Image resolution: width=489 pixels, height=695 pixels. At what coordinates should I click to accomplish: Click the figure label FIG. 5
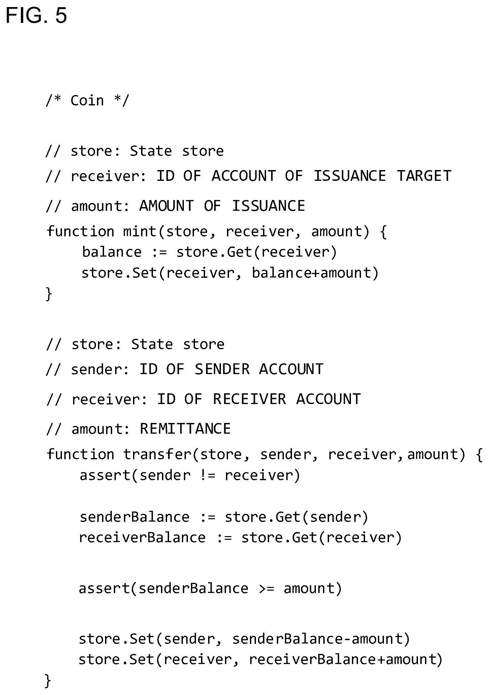pyautogui.click(x=36, y=15)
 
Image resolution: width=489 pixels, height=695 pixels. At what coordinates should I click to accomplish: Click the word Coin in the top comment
pyautogui.click(x=87, y=100)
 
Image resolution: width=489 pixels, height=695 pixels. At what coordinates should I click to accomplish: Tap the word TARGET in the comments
pyautogui.click(x=424, y=176)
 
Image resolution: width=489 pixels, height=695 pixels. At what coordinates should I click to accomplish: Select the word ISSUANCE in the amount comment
pyautogui.click(x=268, y=206)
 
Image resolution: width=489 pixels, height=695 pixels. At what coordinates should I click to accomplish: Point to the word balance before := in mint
pyautogui.click(x=111, y=252)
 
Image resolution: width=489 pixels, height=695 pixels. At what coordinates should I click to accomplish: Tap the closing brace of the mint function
pyautogui.click(x=49, y=294)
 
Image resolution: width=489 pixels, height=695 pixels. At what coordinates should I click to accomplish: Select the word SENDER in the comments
pyautogui.click(x=222, y=369)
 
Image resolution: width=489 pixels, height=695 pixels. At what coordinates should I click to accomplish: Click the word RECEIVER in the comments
pyautogui.click(x=250, y=399)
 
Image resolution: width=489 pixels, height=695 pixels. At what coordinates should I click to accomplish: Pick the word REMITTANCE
pyautogui.click(x=185, y=429)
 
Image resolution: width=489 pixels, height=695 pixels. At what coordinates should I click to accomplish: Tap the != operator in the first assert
pyautogui.click(x=207, y=475)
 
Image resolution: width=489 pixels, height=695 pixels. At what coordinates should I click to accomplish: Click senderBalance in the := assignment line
pyautogui.click(x=134, y=517)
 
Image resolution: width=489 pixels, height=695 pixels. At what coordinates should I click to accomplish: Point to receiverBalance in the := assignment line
pyautogui.click(x=142, y=537)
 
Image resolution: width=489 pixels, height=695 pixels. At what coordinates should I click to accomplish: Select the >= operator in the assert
pyautogui.click(x=267, y=588)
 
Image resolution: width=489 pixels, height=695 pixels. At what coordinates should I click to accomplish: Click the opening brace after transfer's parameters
pyautogui.click(x=479, y=455)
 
